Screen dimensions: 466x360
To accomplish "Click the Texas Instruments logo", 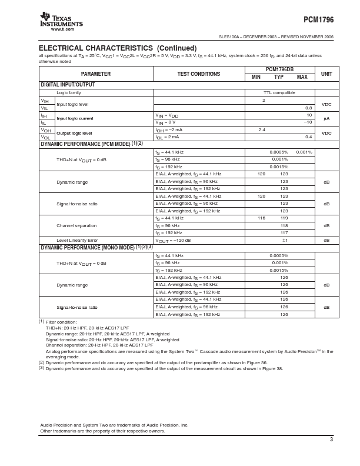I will (x=61, y=20).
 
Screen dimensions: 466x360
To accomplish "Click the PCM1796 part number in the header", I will (x=318, y=20).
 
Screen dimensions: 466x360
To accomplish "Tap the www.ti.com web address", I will (x=62, y=29).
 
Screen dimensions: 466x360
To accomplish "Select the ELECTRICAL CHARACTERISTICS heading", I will (x=118, y=48).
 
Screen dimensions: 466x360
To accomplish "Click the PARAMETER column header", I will (x=96, y=74).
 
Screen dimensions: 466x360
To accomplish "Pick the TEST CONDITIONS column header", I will (x=199, y=74).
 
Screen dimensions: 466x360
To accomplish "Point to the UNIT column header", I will (x=326, y=74).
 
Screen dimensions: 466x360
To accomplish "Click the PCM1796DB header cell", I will (x=279, y=69).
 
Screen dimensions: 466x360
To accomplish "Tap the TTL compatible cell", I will (x=279, y=93).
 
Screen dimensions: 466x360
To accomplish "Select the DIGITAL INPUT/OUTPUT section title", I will (x=68, y=85).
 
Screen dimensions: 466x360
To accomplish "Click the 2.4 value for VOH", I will (x=262, y=129).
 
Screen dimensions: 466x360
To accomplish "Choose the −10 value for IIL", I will (x=308, y=122).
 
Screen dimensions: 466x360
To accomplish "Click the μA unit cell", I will (x=326, y=118).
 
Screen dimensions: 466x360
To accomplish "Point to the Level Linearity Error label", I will (x=77, y=240).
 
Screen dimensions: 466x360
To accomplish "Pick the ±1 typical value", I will (x=285, y=240).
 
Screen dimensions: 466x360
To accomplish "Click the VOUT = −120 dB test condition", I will (x=173, y=240).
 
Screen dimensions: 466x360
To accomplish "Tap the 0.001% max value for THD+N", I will (x=304, y=152).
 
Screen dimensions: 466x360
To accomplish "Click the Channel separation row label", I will (x=76, y=225).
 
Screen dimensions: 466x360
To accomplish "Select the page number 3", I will (x=331, y=440).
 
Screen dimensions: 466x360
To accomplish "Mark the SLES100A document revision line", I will (x=276, y=36).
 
